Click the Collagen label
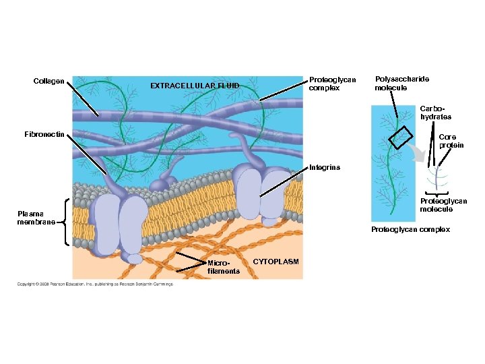pyautogui.click(x=49, y=82)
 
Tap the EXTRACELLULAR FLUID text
pyautogui.click(x=195, y=86)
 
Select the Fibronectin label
pyautogui.click(x=44, y=134)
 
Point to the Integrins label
pyautogui.click(x=325, y=166)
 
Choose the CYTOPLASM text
pyautogui.click(x=276, y=261)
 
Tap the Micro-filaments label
pyautogui.click(x=224, y=267)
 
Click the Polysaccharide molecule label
pyautogui.click(x=401, y=84)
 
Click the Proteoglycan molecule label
pyautogui.click(x=443, y=205)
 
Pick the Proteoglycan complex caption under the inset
pyautogui.click(x=410, y=230)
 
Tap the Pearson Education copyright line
pyautogui.click(x=95, y=284)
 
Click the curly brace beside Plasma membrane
pyautogui.click(x=65, y=221)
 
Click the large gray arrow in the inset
pyautogui.click(x=422, y=158)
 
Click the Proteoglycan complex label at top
pyautogui.click(x=332, y=84)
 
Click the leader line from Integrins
pyautogui.click(x=283, y=183)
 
